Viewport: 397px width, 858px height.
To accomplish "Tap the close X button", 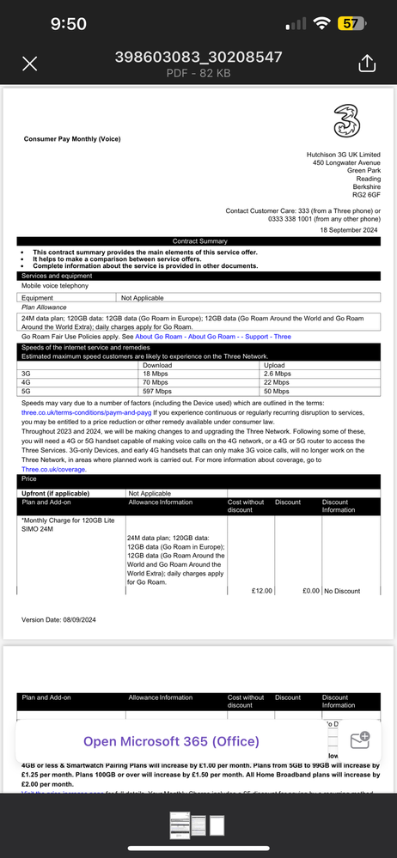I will [x=29, y=64].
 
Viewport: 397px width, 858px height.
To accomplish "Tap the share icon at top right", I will [x=366, y=64].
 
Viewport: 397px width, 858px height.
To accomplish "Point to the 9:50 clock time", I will [x=68, y=24].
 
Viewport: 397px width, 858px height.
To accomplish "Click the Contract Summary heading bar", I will [x=199, y=241].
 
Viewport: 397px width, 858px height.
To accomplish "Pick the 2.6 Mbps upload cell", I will [x=277, y=374].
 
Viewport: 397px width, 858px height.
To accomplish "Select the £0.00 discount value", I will [x=310, y=591].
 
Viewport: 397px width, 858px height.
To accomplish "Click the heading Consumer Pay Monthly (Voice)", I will [x=72, y=138].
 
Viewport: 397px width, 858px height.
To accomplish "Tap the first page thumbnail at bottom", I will [x=180, y=831].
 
